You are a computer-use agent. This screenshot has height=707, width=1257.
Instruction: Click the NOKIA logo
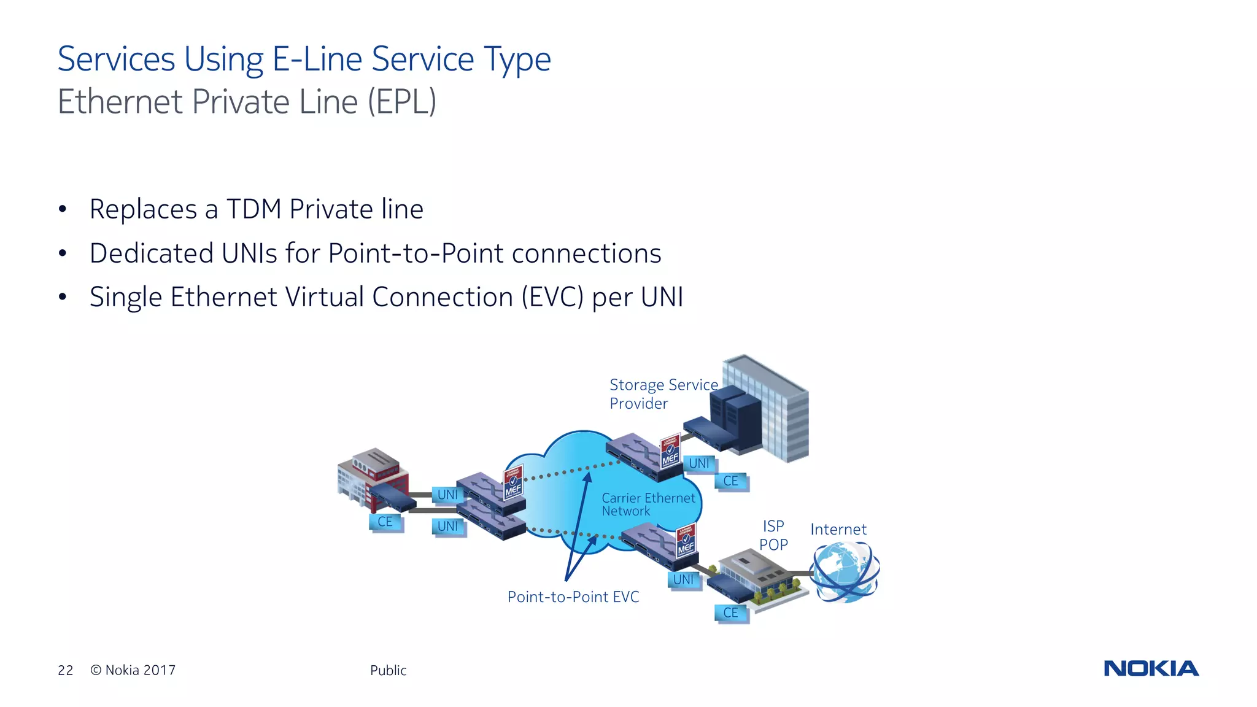tap(1151, 668)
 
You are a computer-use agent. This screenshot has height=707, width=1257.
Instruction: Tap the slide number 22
tap(66, 670)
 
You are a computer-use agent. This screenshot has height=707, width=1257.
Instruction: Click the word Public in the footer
tap(388, 670)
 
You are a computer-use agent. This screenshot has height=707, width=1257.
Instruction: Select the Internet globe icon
tap(845, 573)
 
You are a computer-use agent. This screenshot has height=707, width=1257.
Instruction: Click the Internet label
tap(838, 529)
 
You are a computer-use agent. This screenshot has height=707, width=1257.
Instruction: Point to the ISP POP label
tap(773, 535)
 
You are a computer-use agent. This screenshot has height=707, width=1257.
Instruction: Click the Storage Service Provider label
tap(663, 393)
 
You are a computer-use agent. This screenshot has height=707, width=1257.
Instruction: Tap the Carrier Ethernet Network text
tap(648, 504)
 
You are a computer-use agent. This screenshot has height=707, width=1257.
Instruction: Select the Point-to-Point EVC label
tap(573, 597)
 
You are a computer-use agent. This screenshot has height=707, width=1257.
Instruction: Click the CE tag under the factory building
tap(385, 522)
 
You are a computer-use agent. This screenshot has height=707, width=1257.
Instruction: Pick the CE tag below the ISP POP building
tap(730, 612)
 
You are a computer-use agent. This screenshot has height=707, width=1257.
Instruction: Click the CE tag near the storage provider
tap(730, 481)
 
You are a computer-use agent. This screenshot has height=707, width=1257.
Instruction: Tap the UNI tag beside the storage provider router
tap(698, 463)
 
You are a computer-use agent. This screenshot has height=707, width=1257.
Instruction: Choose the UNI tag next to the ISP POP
tap(683, 579)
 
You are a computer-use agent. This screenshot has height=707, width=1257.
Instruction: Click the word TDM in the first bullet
tap(253, 209)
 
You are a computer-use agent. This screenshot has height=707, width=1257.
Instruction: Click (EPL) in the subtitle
tap(402, 102)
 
